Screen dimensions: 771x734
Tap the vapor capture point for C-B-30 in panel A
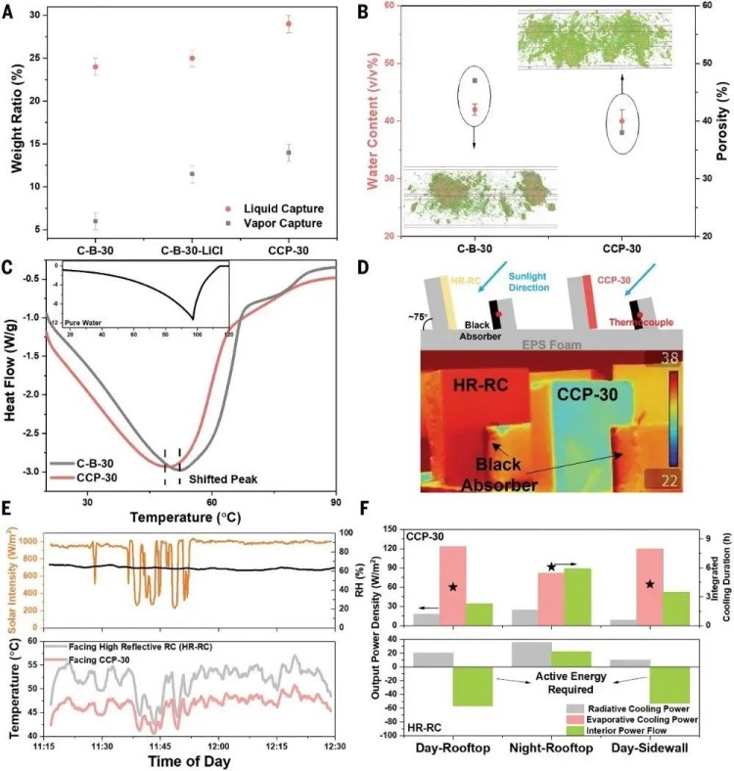point(95,221)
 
